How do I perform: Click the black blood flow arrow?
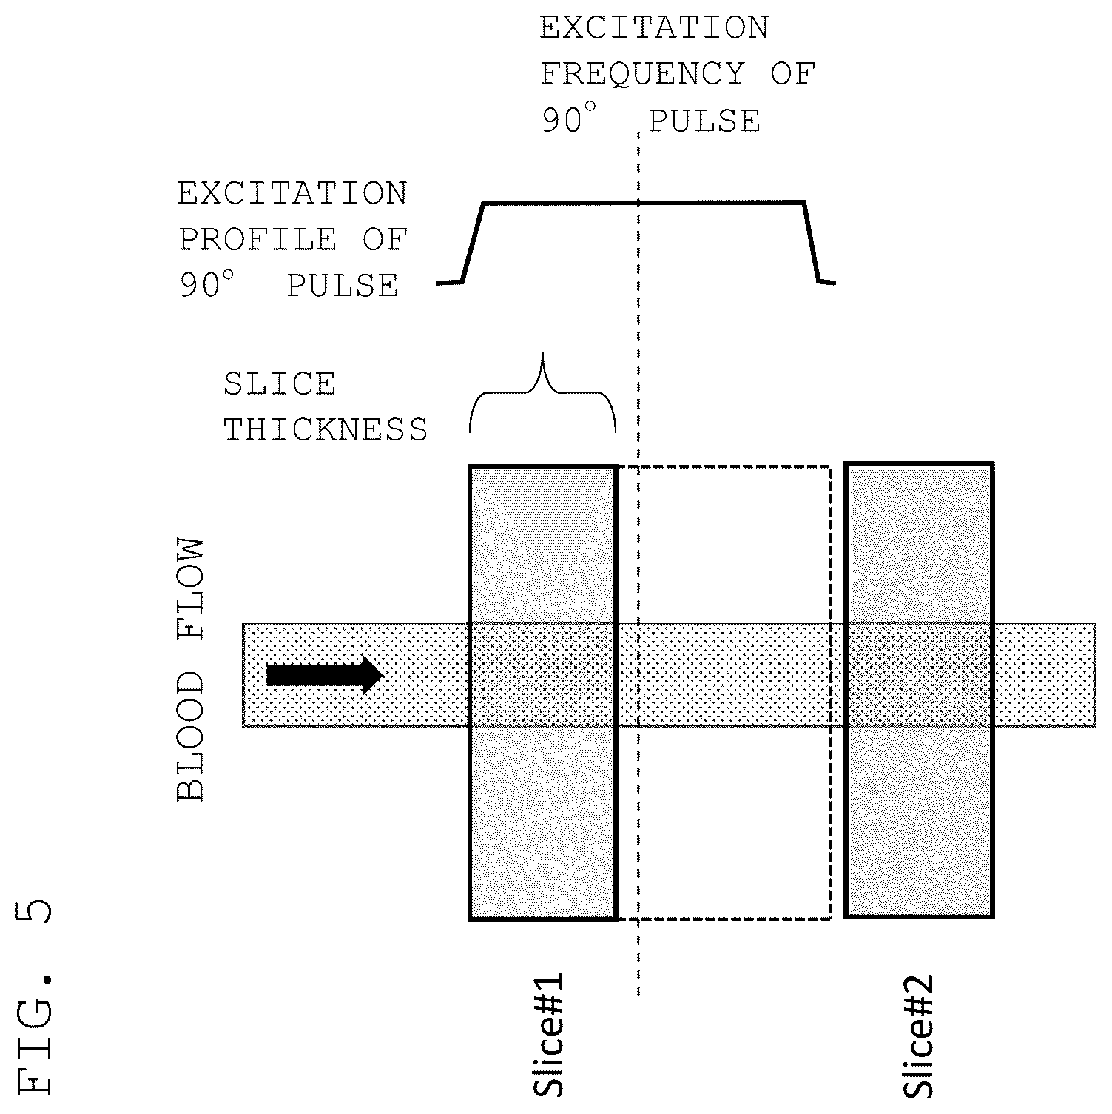point(324,676)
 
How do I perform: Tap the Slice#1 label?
point(549,1034)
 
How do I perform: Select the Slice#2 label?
point(919,1036)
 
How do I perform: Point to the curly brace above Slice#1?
point(543,393)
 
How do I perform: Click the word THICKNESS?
point(326,429)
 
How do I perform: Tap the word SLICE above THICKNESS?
point(280,384)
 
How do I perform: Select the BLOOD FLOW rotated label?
point(190,671)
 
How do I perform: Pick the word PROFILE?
point(258,240)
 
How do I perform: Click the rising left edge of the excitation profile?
point(473,242)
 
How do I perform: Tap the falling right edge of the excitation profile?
point(812,242)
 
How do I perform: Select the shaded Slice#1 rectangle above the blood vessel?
point(542,545)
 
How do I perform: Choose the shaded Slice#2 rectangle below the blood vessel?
point(919,822)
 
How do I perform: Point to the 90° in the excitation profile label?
point(206,284)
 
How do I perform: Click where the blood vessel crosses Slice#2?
point(919,676)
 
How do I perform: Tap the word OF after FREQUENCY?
point(792,74)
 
